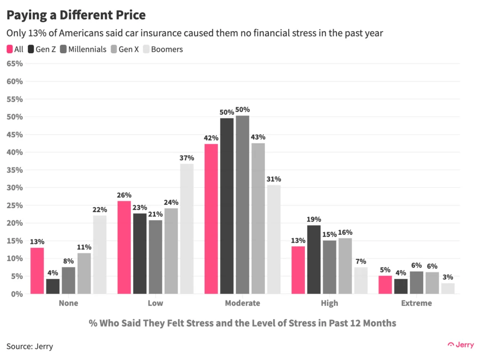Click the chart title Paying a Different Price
76,15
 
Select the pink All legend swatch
9,49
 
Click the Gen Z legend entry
42,49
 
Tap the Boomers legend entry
163,49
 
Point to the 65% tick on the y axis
14,64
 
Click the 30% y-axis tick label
14,187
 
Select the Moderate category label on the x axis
242,303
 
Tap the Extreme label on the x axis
417,303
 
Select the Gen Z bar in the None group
53,286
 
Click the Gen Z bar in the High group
314,259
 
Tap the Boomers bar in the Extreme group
448,288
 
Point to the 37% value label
187,158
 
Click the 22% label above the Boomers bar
100,209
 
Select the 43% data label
258,137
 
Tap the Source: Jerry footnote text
30,346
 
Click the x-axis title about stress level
242,323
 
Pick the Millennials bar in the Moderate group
242,205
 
